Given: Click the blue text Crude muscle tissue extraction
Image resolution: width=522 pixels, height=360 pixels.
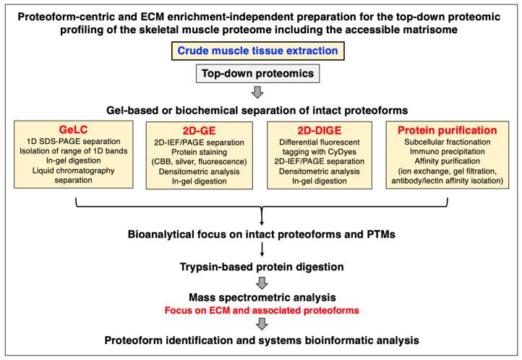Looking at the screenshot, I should pyautogui.click(x=261, y=51).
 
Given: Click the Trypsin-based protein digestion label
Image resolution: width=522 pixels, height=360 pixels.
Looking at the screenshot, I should pyautogui.click(x=261, y=266).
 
